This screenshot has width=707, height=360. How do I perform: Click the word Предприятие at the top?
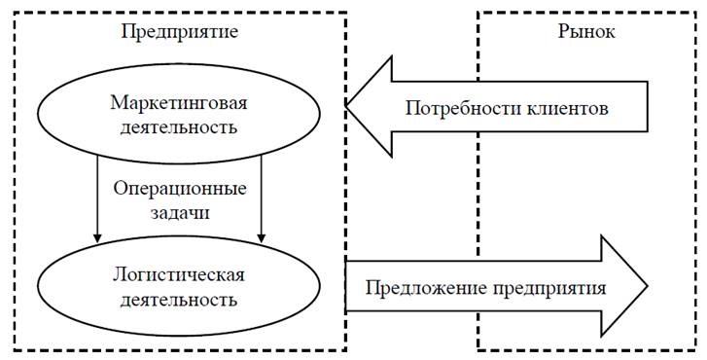coord(180,31)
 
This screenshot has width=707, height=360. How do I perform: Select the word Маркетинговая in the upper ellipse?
coord(180,103)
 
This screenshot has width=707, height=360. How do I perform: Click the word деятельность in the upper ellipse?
coord(180,127)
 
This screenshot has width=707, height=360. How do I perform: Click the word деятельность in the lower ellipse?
coord(180,299)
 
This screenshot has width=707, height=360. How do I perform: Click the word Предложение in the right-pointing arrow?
coord(421,289)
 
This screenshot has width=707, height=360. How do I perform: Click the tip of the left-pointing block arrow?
coord(347,106)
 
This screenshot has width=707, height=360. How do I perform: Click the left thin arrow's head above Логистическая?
coord(97,236)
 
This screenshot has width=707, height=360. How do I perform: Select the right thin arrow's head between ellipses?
coord(262,236)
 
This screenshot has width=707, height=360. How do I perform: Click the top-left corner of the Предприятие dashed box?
coord(16,12)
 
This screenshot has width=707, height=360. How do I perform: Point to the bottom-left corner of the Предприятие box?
coord(16,349)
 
